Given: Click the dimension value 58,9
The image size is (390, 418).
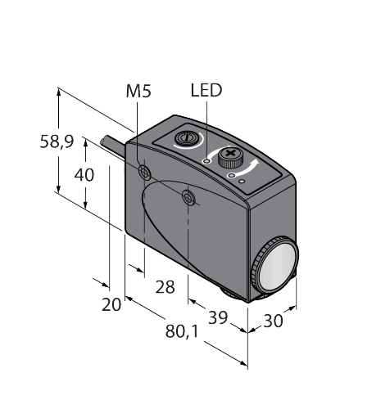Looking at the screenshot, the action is pos(57,142).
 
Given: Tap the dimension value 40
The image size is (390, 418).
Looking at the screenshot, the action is pos(84,175).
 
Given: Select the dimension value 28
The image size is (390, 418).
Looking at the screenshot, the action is pos(165,287).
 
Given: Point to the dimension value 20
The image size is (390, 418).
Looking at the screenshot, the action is pos(111,304).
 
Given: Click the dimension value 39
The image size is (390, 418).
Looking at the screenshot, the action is pos(218,317).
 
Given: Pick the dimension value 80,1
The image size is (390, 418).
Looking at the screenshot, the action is pos(182,332).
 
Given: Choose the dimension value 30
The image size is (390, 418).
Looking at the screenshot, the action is pos(273,321).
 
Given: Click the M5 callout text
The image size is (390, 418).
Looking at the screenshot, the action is pos(138,91).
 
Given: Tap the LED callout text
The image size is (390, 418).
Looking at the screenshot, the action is pos(206,90).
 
